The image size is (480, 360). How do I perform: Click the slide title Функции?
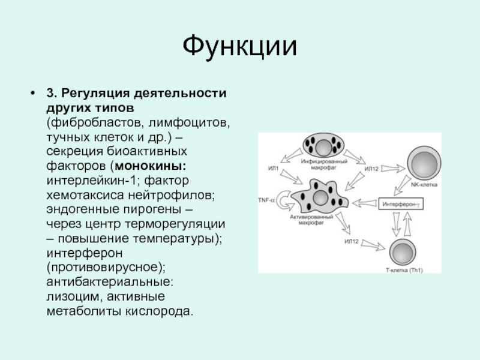tap(240, 46)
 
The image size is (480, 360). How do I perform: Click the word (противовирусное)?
tap(103, 266)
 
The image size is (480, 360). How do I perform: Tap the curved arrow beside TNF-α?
tap(282, 200)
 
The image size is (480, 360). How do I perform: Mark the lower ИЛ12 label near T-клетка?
tap(351, 241)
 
